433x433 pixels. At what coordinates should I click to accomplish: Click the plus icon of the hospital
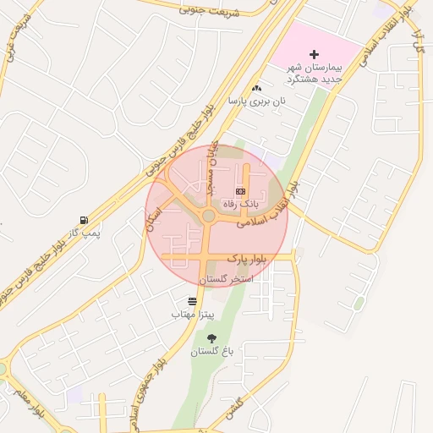(314, 54)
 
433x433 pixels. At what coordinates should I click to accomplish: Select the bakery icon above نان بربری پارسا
(256, 88)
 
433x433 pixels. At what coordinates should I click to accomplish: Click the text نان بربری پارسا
(256, 101)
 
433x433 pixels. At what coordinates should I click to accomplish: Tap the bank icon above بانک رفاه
(239, 192)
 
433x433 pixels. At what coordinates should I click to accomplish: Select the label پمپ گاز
(85, 232)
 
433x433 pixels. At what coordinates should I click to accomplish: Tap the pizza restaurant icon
(193, 301)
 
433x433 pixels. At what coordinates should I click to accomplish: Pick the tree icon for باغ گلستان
(211, 338)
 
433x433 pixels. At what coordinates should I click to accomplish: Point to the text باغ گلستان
(211, 351)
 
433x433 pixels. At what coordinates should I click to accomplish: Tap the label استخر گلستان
(226, 278)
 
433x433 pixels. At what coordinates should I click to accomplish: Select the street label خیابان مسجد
(212, 166)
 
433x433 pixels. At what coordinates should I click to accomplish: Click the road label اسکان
(153, 217)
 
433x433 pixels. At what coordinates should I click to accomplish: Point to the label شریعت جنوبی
(211, 12)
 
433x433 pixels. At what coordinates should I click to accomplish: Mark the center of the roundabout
(208, 216)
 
